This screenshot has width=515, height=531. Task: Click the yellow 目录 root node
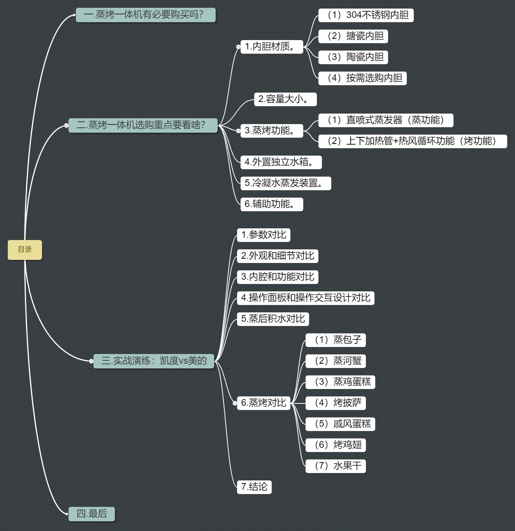coord(25,250)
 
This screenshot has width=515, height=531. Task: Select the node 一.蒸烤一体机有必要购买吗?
coord(146,15)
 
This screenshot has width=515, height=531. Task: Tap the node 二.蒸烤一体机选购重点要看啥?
coord(143,125)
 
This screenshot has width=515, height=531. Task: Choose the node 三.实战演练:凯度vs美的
coord(154,361)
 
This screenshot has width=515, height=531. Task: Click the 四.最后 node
coord(91,514)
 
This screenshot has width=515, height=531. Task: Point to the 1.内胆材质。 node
coord(272,47)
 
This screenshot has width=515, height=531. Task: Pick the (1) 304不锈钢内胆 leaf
coord(366,15)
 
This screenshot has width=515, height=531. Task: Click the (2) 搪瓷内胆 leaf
coord(353,36)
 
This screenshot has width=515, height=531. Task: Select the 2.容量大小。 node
coord(285,99)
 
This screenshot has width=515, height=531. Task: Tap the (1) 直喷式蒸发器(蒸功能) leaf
coord(386,120)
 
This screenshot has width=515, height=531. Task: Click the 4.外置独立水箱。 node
coord(281,162)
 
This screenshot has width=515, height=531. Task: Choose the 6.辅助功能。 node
coord(272,204)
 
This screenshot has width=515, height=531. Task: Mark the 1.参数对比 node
coord(264,235)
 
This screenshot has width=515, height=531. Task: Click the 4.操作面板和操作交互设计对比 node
coord(306,298)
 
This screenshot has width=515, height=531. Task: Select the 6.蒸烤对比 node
coord(264,403)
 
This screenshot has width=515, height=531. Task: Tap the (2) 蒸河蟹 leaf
coord(336,361)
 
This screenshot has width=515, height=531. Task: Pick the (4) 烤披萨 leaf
coord(336,403)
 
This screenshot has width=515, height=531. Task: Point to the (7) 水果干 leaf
coord(336,466)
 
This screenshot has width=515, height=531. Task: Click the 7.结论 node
coord(254,487)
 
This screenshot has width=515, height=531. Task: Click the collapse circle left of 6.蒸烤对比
coord(235,403)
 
